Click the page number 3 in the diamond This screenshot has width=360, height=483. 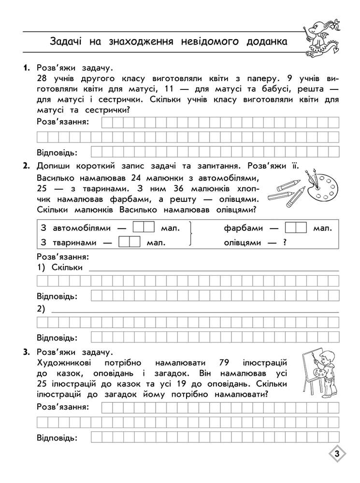[x=336, y=454]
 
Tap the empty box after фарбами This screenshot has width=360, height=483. [x=296, y=227]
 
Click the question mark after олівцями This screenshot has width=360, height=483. [x=285, y=241]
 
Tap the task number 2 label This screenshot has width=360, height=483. [x=26, y=167]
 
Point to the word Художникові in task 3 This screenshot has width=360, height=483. [x=63, y=362]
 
